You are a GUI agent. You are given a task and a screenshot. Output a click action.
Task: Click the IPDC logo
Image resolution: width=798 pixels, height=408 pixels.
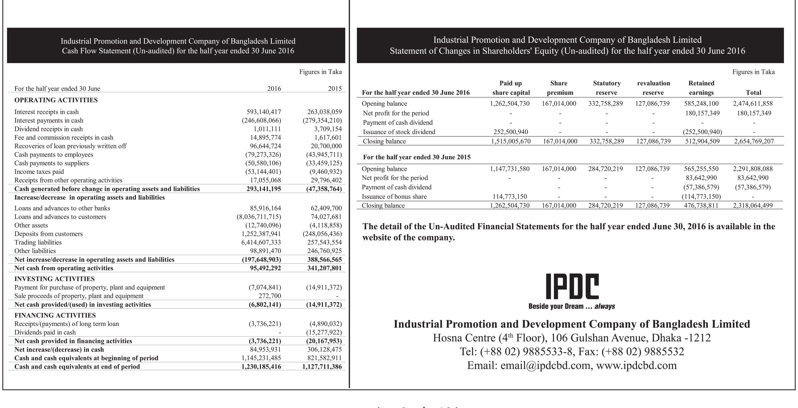point(572,286)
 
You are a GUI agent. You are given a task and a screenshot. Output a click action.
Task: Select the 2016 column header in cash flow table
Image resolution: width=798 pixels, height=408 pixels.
point(274,89)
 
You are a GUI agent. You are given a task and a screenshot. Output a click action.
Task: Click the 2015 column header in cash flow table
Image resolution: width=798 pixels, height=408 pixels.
point(335,89)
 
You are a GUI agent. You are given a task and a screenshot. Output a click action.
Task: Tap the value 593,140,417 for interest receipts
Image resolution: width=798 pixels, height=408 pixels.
point(264,112)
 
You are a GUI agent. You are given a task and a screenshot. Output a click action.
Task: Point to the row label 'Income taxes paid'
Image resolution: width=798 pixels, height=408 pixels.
point(39,172)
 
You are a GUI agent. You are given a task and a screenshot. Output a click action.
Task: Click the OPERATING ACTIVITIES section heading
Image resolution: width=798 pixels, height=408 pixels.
point(56,100)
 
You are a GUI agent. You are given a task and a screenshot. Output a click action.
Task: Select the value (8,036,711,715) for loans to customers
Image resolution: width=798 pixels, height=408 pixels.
point(259,217)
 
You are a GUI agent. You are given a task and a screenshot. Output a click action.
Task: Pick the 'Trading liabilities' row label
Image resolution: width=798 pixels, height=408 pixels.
point(38,242)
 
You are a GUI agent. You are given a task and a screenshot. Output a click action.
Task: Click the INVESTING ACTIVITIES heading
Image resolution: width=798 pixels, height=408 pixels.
point(54,279)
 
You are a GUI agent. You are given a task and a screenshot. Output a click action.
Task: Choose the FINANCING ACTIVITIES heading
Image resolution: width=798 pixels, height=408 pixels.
point(55,315)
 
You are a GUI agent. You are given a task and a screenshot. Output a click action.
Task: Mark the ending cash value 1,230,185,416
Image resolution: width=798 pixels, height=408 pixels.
point(261,367)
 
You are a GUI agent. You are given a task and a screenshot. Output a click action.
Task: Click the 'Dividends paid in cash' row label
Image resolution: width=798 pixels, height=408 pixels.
point(45,332)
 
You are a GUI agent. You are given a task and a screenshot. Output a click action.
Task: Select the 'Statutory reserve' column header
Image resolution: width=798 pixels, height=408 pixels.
point(606,88)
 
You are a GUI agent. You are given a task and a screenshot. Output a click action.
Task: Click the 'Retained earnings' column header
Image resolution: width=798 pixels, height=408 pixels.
point(701,88)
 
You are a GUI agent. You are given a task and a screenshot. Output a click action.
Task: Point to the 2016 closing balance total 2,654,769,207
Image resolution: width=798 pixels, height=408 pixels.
point(754,141)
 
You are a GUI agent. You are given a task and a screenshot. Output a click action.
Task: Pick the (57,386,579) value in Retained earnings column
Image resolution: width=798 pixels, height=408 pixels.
point(701,187)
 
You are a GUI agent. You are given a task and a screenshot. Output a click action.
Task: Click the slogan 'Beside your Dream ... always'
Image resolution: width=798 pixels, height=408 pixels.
point(572,307)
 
